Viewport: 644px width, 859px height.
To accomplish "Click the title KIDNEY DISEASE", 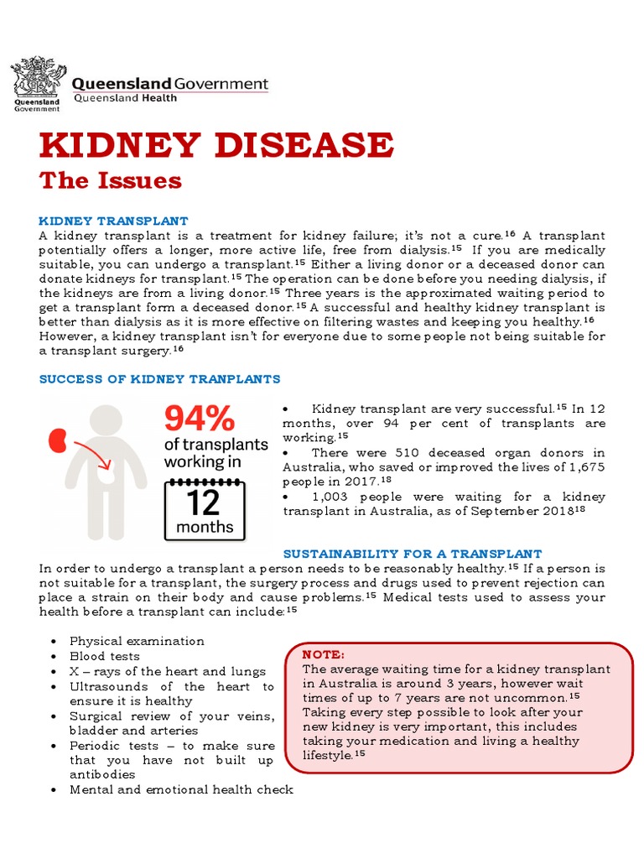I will [x=216, y=145].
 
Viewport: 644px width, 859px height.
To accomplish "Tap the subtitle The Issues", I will [x=111, y=180].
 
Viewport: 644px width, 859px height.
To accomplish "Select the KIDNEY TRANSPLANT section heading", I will [x=114, y=221].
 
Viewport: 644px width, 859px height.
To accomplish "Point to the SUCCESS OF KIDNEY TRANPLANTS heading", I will [x=160, y=379].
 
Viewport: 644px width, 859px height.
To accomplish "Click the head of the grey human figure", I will [x=106, y=424].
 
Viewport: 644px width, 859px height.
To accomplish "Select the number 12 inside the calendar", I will [x=203, y=502].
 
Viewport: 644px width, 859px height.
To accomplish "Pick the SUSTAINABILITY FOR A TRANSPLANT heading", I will [x=413, y=554].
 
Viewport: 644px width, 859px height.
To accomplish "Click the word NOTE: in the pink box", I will [x=323, y=654].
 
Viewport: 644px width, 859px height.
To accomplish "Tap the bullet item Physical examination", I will [x=137, y=641].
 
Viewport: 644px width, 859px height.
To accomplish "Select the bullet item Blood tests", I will [x=105, y=656].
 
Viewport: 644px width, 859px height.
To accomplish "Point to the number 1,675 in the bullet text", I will [x=584, y=466].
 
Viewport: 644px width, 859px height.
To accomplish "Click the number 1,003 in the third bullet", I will [x=331, y=497].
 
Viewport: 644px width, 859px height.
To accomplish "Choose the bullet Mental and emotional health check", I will [x=181, y=789].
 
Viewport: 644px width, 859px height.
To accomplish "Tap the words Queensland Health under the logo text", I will [x=126, y=98].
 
